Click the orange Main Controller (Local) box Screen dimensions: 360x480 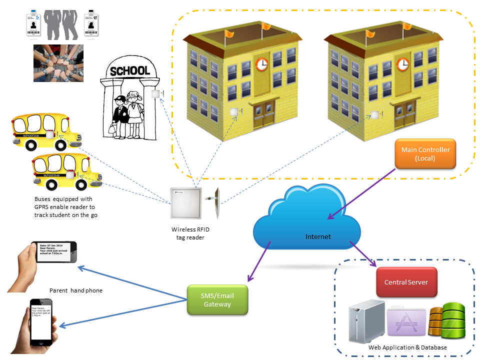tap(425, 154)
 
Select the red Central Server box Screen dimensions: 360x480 tap(406, 282)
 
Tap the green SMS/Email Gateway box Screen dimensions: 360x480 tap(217, 299)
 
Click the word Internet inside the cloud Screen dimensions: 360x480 tap(318, 236)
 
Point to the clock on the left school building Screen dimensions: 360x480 tap(262, 64)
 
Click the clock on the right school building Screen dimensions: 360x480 tap(403, 64)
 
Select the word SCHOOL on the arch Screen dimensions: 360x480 tap(130, 71)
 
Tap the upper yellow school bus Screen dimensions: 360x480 tap(44, 132)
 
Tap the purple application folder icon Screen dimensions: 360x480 tap(406, 323)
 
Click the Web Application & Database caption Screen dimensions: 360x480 tap(407, 347)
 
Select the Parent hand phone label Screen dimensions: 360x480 tap(75, 290)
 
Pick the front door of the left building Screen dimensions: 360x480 tap(264, 115)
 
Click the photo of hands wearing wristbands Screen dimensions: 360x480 tap(58, 63)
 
